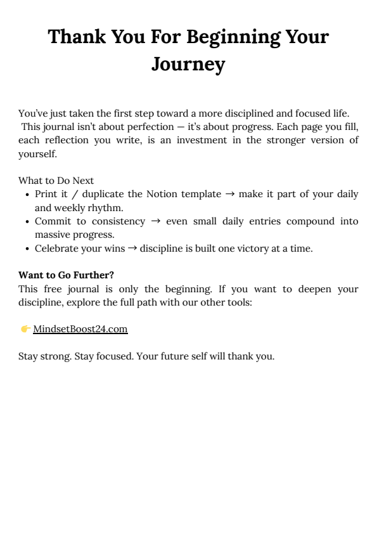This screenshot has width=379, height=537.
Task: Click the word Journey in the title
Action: coord(188,64)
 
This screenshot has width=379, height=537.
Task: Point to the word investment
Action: coord(193,140)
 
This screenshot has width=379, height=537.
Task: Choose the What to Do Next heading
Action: coord(56,181)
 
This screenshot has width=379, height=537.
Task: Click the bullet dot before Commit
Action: coord(27,221)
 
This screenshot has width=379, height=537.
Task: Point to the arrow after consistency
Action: coord(155,221)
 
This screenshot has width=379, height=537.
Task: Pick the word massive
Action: coord(52,235)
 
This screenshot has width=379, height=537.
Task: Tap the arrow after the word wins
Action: coord(132,249)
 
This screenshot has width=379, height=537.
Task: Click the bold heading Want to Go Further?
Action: coord(66,275)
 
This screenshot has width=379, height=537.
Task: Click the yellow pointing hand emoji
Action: coord(25,329)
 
